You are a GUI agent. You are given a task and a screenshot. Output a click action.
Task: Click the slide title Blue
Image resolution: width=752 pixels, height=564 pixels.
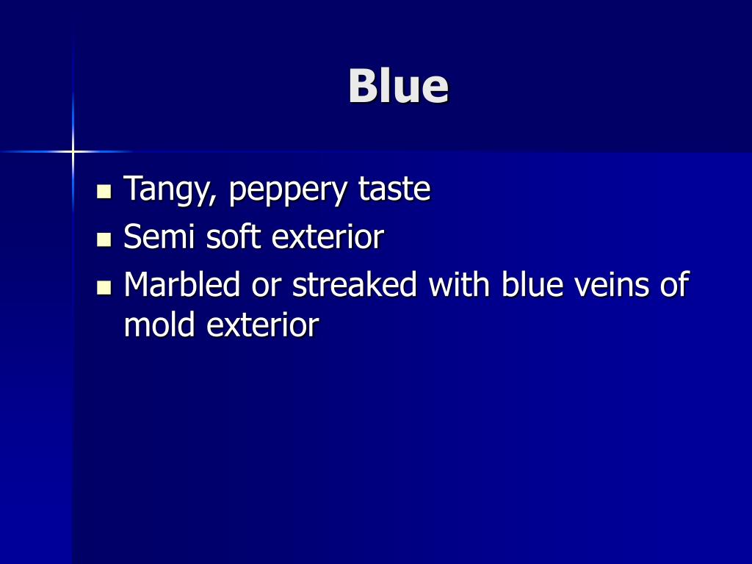[x=398, y=86]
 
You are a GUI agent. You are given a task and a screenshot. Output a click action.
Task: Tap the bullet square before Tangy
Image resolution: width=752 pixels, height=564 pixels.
[x=104, y=192]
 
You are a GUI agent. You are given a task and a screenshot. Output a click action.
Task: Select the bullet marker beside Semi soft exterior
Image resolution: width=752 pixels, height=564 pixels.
[x=104, y=239]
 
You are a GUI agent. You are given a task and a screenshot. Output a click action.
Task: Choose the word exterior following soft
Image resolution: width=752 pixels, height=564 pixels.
[x=328, y=236]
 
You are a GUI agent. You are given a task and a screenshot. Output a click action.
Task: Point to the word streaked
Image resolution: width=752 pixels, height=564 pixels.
[x=355, y=284]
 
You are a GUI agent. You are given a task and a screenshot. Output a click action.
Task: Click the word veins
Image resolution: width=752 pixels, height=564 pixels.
[x=615, y=284]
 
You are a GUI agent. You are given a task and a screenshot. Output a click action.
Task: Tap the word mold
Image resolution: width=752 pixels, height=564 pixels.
[x=160, y=324]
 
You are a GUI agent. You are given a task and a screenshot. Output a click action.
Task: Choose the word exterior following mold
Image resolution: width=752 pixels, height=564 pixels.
[x=262, y=324]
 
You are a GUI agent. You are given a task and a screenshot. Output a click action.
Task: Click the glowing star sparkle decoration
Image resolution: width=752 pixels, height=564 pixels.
[x=73, y=152]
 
